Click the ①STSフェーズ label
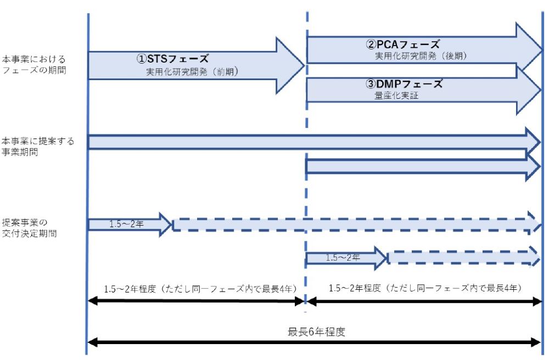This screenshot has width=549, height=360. pos(173,58)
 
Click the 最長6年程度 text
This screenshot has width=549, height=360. pos(317,332)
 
